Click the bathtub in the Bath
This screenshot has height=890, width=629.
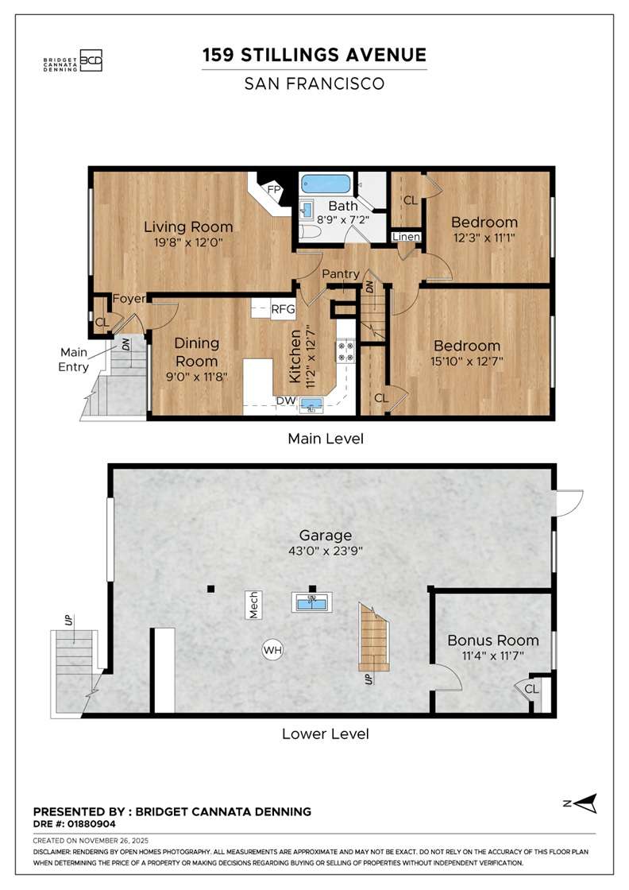click(326, 185)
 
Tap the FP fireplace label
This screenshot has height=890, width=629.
click(274, 190)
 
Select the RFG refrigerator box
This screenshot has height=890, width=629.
click(282, 309)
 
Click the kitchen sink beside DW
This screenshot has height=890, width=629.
click(313, 405)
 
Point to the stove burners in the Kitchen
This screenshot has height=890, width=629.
click(345, 351)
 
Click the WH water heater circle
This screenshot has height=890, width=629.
click(272, 651)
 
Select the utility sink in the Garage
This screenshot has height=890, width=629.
click(312, 602)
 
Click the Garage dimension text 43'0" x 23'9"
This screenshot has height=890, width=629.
click(326, 551)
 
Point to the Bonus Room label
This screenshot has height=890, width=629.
click(492, 640)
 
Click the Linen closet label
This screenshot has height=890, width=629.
click(407, 237)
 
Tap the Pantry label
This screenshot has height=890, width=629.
click(341, 274)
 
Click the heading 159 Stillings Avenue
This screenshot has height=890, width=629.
click(314, 55)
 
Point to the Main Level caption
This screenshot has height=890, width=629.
click(326, 438)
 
